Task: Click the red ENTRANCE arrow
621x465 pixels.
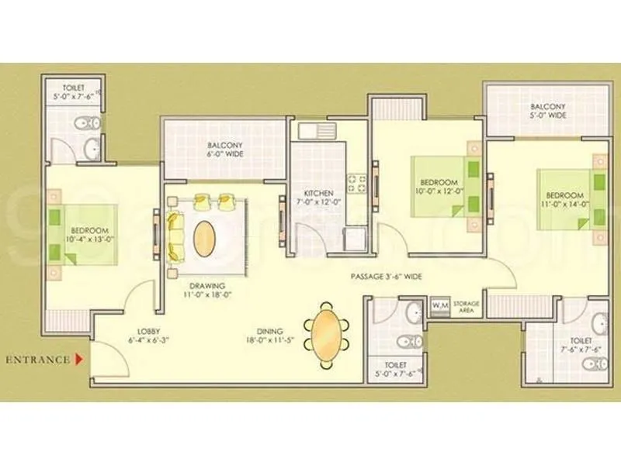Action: click(79, 360)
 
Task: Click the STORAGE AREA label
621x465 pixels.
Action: click(467, 305)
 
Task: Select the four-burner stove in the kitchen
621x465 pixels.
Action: click(356, 184)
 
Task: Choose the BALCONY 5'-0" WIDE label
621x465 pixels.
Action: click(548, 111)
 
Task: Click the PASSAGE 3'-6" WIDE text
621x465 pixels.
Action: click(385, 275)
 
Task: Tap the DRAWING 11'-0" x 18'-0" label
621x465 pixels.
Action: click(206, 291)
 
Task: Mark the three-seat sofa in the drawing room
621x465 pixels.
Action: click(175, 234)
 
